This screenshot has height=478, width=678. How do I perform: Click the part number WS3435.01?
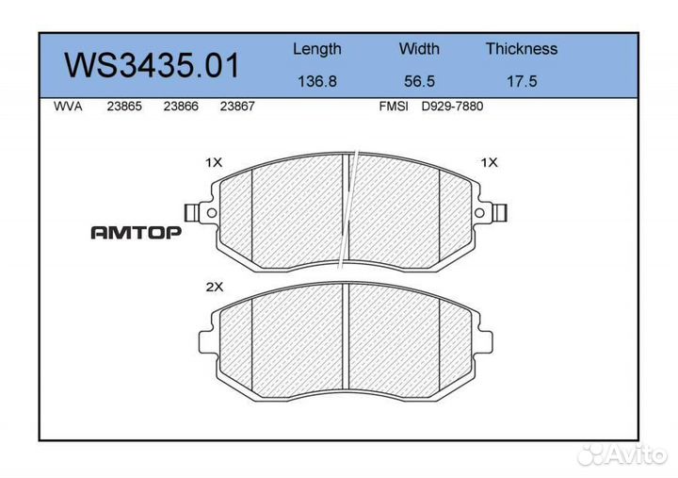(151, 65)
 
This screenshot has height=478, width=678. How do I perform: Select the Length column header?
(316, 49)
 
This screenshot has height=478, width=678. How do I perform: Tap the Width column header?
(419, 49)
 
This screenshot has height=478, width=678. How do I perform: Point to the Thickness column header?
(521, 49)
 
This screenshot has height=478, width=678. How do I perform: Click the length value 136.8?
(316, 81)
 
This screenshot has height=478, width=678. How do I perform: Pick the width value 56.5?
(419, 81)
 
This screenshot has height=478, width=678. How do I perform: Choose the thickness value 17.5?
(521, 81)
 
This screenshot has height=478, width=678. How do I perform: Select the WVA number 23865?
(124, 107)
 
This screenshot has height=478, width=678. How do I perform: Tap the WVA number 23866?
(180, 107)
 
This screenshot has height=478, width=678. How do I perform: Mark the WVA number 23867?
(236, 107)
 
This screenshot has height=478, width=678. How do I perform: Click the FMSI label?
(393, 107)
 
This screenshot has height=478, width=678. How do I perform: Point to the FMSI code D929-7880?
(451, 107)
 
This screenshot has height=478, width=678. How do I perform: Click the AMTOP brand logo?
(136, 233)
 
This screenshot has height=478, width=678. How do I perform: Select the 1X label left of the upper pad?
(214, 162)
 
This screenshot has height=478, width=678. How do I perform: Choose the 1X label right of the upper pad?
(489, 162)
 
